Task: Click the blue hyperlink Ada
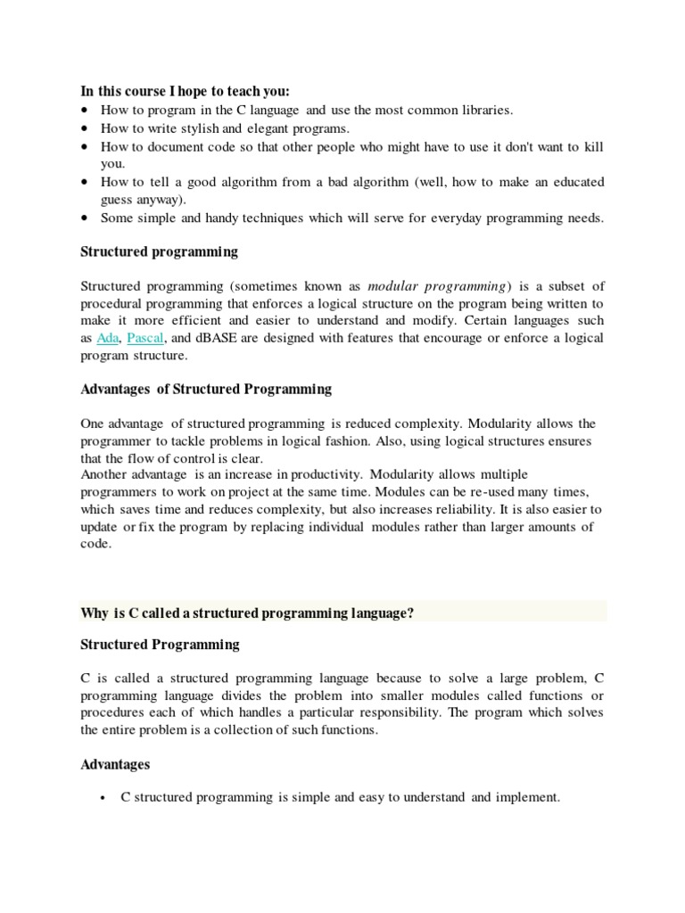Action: coord(107,338)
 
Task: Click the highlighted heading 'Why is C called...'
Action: coord(247,613)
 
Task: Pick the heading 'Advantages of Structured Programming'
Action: coord(206,389)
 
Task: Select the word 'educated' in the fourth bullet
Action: coord(577,182)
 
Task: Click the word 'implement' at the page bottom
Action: coord(527,798)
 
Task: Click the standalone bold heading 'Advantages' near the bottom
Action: coord(115,764)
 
